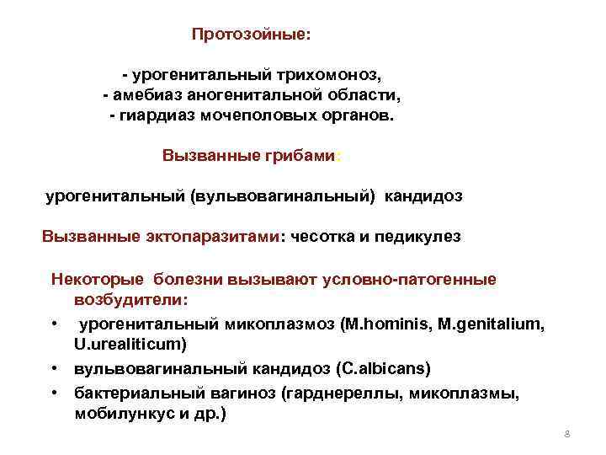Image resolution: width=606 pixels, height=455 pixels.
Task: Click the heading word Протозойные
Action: [250, 35]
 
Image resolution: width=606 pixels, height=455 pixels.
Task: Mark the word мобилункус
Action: [117, 414]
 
